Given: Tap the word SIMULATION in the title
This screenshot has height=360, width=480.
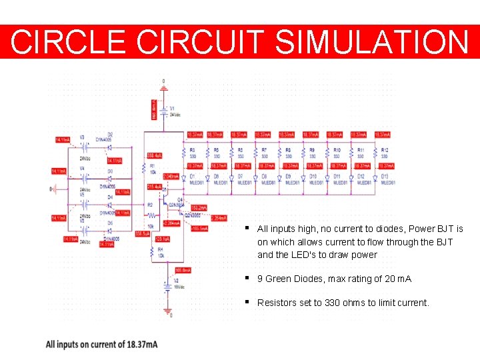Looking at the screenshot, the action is point(372,41).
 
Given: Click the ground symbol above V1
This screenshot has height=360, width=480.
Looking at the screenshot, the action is point(163,87).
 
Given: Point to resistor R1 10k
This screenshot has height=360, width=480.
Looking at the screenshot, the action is point(153,169).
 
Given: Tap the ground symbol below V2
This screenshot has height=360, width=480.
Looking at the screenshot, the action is point(167,310).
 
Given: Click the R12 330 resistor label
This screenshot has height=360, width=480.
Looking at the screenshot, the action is point(385,153).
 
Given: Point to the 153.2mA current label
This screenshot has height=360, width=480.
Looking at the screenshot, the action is point(198,207).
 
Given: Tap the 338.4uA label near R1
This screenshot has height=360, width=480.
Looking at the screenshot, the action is point(154,155).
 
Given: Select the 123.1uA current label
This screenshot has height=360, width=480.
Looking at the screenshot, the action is point(163,239).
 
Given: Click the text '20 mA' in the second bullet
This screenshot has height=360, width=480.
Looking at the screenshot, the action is point(398,279).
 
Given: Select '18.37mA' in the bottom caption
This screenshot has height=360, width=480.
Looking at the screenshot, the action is point(142,345).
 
